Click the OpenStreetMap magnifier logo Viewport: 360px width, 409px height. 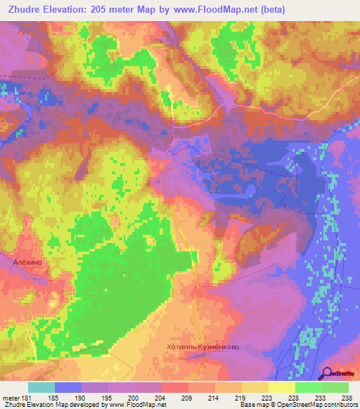click(x=328, y=373)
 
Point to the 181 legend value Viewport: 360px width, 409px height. click(x=25, y=398)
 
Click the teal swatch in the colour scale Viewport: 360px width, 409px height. click(x=41, y=387)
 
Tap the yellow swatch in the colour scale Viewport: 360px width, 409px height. click(x=282, y=387)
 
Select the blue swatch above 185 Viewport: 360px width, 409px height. click(x=68, y=387)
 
